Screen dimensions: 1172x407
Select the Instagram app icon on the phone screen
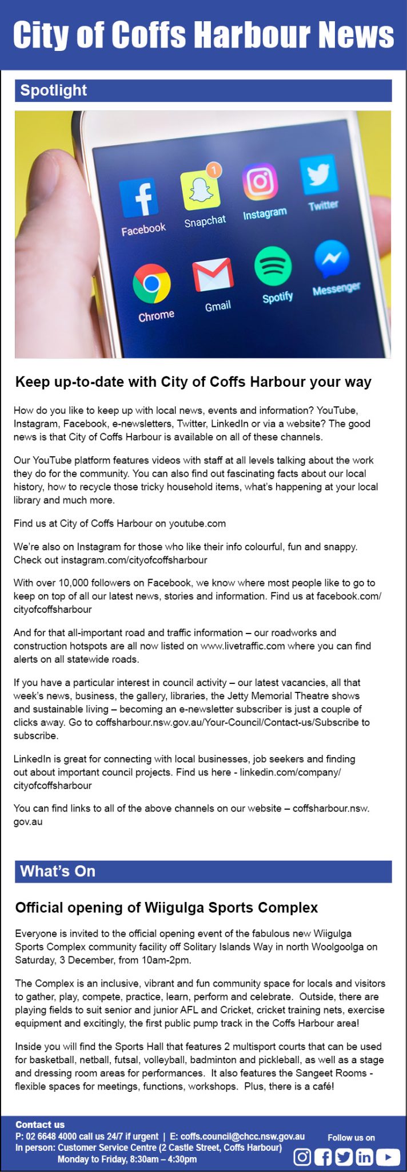pos(260,181)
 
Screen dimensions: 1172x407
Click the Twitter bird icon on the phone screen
pos(319,174)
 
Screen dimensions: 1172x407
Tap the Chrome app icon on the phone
pos(151,283)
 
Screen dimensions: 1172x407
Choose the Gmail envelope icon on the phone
pos(213,275)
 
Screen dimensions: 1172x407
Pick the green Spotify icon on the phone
pos(273,266)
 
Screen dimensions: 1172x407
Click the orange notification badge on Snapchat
pos(214,169)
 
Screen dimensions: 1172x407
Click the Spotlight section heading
pos(54,90)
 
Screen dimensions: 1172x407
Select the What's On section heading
pos(58,871)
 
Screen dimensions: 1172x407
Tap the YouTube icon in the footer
pos(388,1157)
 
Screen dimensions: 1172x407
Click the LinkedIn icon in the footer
pos(365,1157)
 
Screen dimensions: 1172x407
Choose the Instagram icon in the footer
pos(302,1157)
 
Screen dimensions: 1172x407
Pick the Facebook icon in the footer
pos(323,1157)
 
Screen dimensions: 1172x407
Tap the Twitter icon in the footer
pos(344,1157)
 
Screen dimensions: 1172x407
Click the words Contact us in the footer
pos(40,1125)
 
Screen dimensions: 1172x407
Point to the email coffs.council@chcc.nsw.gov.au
pos(242,1136)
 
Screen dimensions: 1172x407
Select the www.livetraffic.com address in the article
pos(242,646)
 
